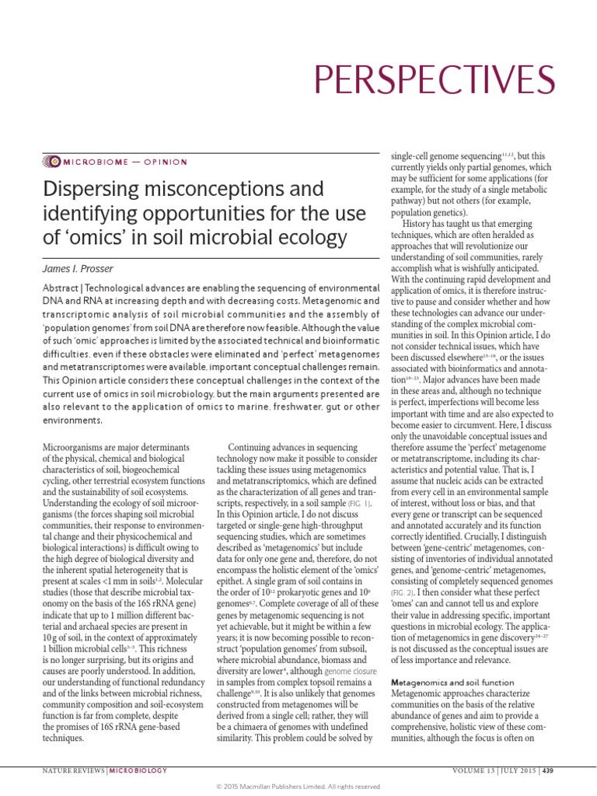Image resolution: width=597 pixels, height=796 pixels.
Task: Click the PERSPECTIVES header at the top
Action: (x=433, y=80)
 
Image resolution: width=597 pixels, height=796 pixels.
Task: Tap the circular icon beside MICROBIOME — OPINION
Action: (x=52, y=162)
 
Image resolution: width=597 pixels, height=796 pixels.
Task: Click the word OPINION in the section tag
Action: (x=164, y=162)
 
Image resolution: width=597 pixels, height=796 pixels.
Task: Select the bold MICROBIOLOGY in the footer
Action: (x=134, y=771)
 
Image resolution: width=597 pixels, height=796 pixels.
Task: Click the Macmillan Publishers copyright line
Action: (x=298, y=787)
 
